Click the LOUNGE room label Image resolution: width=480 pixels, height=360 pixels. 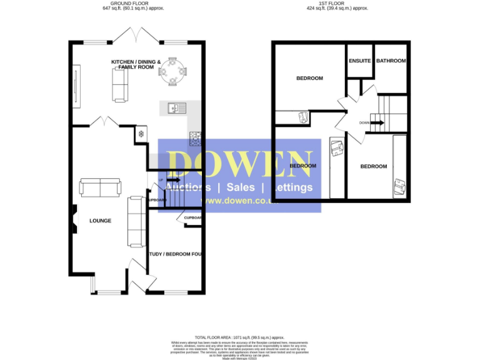(100, 221)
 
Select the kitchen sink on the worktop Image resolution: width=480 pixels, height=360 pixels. (173, 109)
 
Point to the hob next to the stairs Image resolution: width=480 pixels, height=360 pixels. (196, 138)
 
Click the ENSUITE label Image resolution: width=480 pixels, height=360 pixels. (360, 61)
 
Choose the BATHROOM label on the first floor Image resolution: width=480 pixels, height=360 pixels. (391, 61)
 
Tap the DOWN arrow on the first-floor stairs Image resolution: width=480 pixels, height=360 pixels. (376, 122)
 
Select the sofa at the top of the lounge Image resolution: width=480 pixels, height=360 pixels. (100, 186)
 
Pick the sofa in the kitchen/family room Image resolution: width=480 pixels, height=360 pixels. (119, 84)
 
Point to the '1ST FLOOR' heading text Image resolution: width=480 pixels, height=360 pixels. (343, 4)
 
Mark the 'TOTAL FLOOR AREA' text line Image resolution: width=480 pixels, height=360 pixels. (241, 337)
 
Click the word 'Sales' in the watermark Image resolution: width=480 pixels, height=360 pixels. (240, 187)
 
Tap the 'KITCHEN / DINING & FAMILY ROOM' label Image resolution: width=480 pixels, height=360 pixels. (136, 64)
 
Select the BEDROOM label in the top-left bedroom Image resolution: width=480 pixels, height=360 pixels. (309, 78)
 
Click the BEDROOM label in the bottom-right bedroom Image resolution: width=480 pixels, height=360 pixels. (374, 166)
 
